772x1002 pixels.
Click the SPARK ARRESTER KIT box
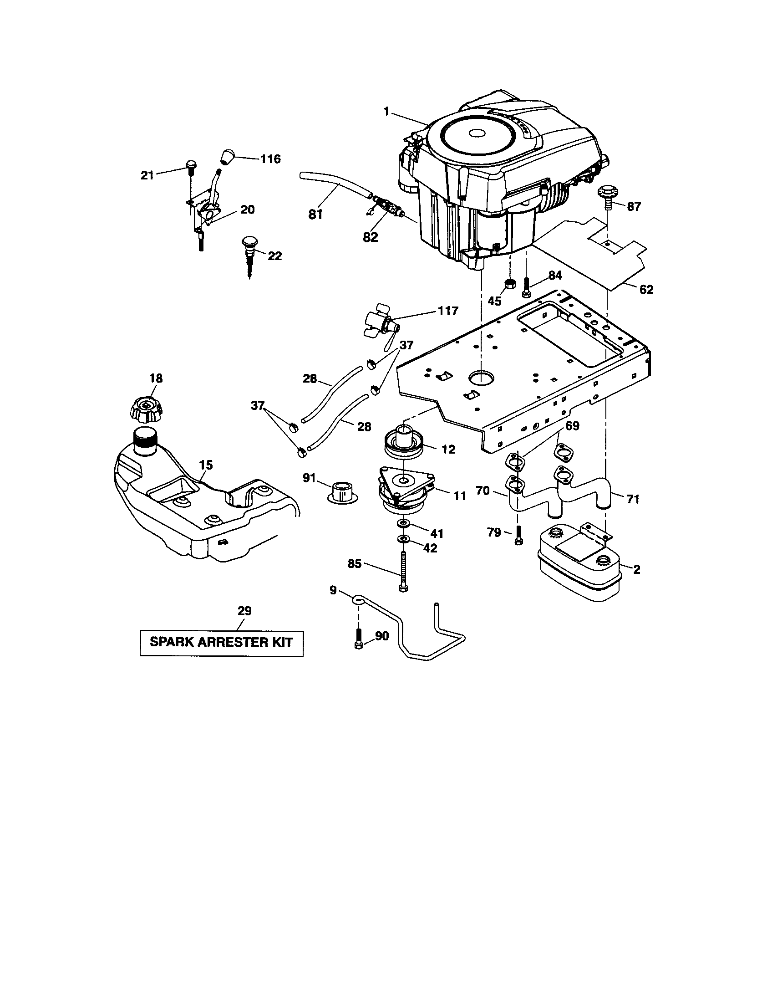tap(221, 642)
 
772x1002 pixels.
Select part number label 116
tap(270, 159)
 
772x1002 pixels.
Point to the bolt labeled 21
tap(191, 167)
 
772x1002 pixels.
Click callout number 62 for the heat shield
tap(645, 290)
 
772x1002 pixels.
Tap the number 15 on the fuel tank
tap(206, 465)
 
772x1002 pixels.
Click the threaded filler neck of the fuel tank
tap(145, 440)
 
